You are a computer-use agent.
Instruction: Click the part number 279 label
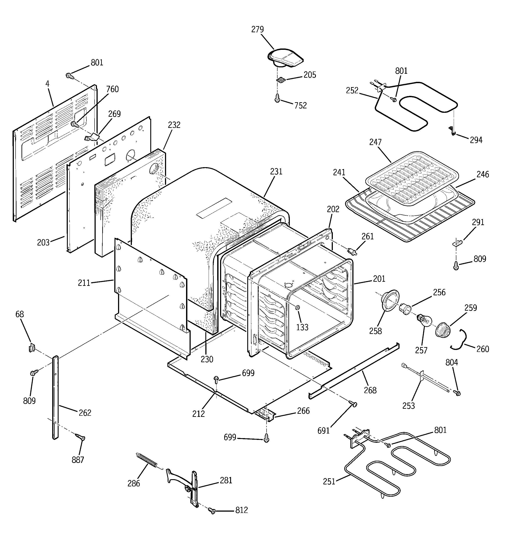coord(257,29)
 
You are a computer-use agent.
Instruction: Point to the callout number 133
coord(302,327)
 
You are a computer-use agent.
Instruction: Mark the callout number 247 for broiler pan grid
coord(375,142)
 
